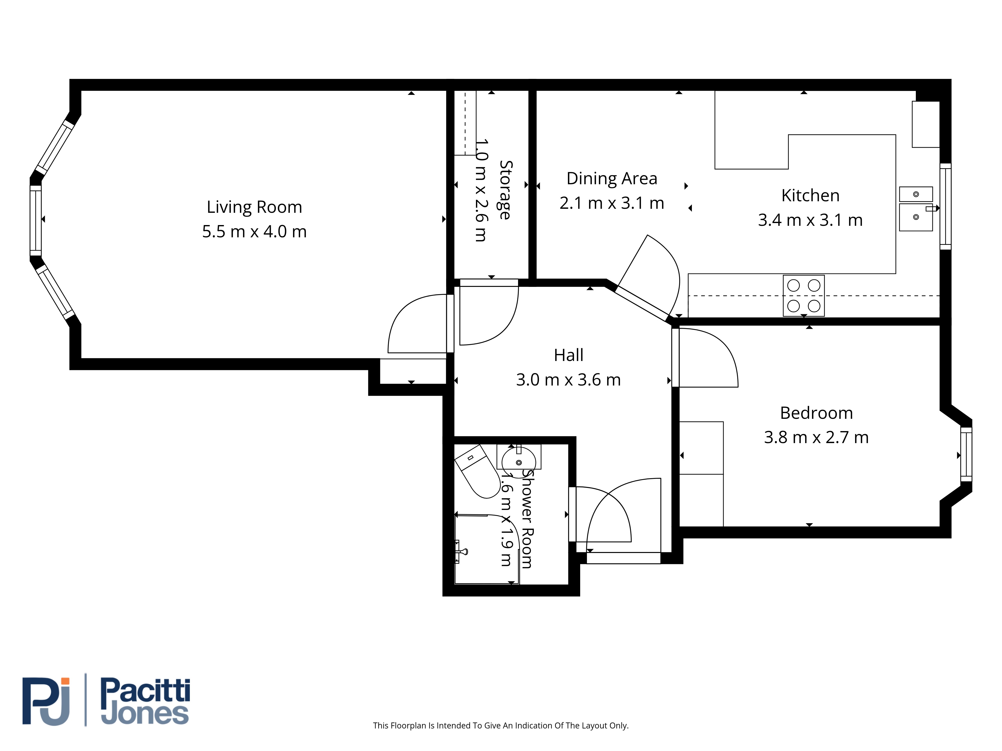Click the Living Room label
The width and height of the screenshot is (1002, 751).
(x=254, y=207)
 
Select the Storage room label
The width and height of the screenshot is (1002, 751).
(x=506, y=190)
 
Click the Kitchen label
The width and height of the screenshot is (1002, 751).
(x=810, y=196)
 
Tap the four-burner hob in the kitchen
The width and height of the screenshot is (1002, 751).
(x=804, y=296)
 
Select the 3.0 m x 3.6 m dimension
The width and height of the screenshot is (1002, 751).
(x=568, y=380)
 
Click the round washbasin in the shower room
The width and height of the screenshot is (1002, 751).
(x=519, y=462)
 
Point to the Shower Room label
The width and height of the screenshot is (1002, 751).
(x=527, y=519)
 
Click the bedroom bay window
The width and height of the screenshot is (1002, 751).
(x=966, y=455)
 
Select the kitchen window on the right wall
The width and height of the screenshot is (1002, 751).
(x=945, y=207)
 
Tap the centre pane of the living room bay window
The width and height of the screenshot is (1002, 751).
(x=36, y=221)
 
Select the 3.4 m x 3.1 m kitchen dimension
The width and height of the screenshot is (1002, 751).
(x=810, y=220)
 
